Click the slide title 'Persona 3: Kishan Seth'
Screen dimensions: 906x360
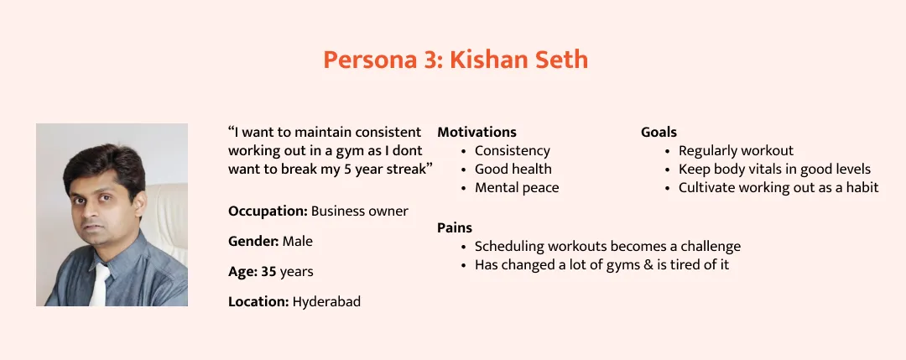point(456,60)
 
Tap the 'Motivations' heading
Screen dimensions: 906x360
point(476,132)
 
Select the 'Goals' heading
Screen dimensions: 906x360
point(659,132)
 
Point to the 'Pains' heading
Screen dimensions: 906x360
point(455,227)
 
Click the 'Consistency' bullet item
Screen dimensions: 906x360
point(513,151)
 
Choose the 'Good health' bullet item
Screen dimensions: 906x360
point(513,170)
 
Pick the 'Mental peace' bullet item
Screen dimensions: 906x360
point(517,188)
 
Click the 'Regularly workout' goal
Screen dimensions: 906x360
point(737,151)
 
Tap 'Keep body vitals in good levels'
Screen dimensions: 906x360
point(775,170)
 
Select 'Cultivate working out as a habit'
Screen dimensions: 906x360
point(778,188)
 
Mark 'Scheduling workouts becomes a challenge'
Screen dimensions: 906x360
point(608,247)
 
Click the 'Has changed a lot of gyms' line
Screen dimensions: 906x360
point(602,265)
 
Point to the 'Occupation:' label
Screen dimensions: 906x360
point(268,211)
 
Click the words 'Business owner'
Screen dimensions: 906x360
point(359,211)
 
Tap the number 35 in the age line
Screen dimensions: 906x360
point(268,271)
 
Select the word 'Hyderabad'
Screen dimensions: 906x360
point(326,301)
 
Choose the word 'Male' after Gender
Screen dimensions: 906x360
point(298,241)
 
